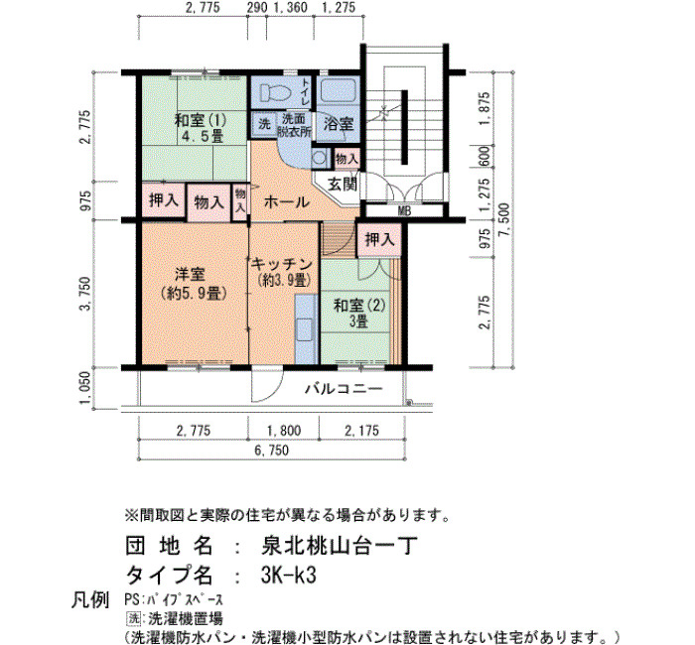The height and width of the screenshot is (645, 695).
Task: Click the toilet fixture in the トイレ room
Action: [x=275, y=93]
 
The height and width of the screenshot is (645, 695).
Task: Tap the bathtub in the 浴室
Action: [x=338, y=90]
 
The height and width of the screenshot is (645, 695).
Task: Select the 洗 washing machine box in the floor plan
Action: [x=264, y=124]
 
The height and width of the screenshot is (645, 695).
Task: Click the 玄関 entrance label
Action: [x=343, y=184]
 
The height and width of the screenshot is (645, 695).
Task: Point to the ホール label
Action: [x=286, y=202]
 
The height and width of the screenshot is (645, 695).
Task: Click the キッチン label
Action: [x=281, y=265]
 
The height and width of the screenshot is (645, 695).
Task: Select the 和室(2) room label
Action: [x=359, y=306]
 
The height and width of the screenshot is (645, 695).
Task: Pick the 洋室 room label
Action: [x=190, y=275]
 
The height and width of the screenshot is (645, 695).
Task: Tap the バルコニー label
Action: [x=344, y=389]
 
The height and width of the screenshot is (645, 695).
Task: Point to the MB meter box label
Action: [x=404, y=211]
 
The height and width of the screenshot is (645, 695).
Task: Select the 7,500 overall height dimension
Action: [x=504, y=220]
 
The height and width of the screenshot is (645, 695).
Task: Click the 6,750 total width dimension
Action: [x=272, y=451]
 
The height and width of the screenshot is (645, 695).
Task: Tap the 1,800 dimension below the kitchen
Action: [x=284, y=430]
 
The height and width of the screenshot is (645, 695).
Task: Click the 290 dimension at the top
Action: [x=257, y=8]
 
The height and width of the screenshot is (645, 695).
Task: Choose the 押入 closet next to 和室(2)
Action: [x=379, y=240]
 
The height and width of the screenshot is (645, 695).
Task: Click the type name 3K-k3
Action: [x=289, y=576]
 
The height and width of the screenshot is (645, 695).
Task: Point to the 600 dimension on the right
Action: [x=485, y=157]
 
